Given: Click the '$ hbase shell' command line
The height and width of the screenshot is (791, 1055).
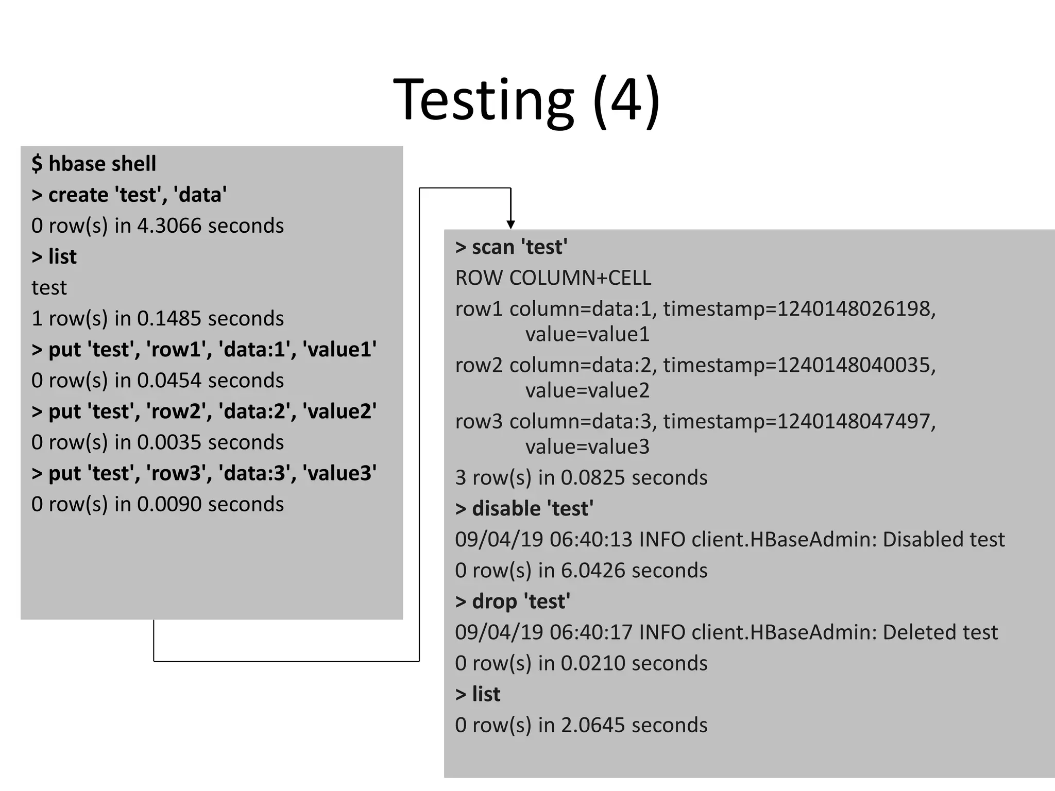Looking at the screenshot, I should pos(94,164).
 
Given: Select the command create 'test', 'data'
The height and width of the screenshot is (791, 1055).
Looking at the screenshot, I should pos(129,195).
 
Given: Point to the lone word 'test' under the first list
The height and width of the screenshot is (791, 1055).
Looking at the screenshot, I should pos(49,288).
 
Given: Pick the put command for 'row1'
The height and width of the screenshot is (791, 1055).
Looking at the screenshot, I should pos(204,350).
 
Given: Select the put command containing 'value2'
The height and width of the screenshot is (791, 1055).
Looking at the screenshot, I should pos(204,411).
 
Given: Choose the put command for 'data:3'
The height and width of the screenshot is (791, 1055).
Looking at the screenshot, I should pos(204,473).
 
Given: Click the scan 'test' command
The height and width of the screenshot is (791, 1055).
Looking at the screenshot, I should pos(512,247).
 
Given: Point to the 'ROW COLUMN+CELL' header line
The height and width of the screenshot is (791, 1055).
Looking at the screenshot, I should pos(553,278).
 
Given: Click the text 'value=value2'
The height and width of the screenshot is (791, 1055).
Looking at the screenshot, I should pos(587,390).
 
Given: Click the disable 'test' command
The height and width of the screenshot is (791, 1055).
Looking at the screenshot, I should pos(524,509).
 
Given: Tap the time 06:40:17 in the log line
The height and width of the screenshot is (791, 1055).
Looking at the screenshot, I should pos(590,632).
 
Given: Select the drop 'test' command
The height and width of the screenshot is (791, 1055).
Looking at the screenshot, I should pos(513,601).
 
